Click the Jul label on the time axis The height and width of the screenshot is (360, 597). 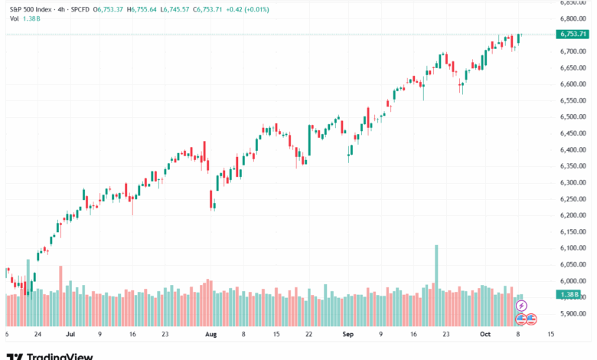click(70, 335)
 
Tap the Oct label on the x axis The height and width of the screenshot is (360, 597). click(484, 335)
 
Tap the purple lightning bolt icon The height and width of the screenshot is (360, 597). click(522, 306)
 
